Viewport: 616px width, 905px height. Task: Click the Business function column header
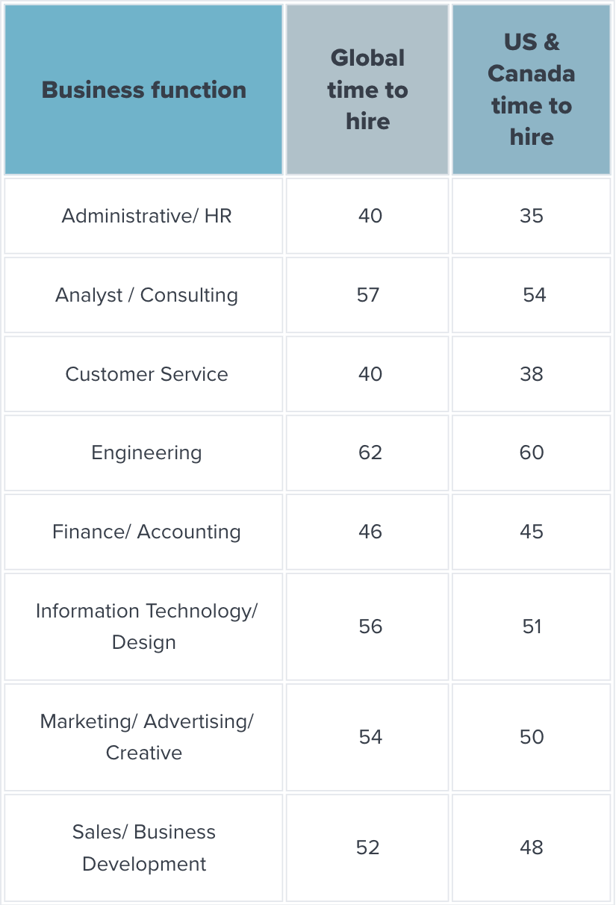(x=144, y=90)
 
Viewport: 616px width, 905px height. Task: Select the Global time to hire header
(x=367, y=90)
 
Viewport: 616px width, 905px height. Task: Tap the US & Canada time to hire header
(x=531, y=90)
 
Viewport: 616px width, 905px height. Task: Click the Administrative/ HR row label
(x=146, y=216)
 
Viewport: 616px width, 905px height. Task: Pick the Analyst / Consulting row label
(x=146, y=296)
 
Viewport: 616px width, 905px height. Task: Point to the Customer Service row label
(x=146, y=374)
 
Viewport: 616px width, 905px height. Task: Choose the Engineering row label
(x=146, y=453)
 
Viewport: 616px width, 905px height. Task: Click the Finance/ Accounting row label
(x=146, y=532)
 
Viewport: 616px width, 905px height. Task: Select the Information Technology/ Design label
(x=146, y=626)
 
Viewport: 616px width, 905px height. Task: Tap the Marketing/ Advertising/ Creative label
(x=146, y=737)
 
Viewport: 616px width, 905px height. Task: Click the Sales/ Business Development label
(x=144, y=848)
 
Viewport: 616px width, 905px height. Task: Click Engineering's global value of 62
(x=370, y=452)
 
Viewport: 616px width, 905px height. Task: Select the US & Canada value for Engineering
(x=532, y=452)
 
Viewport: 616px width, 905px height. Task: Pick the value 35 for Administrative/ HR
(x=532, y=216)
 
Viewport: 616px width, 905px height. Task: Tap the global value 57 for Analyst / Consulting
(x=368, y=295)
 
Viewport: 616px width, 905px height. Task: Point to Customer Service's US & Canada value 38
(x=532, y=374)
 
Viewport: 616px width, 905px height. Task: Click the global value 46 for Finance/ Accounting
(x=370, y=532)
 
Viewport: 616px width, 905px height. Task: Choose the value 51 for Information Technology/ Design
(x=532, y=626)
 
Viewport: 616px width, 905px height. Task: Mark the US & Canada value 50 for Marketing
(x=532, y=737)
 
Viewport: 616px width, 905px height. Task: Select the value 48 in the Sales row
(x=532, y=848)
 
